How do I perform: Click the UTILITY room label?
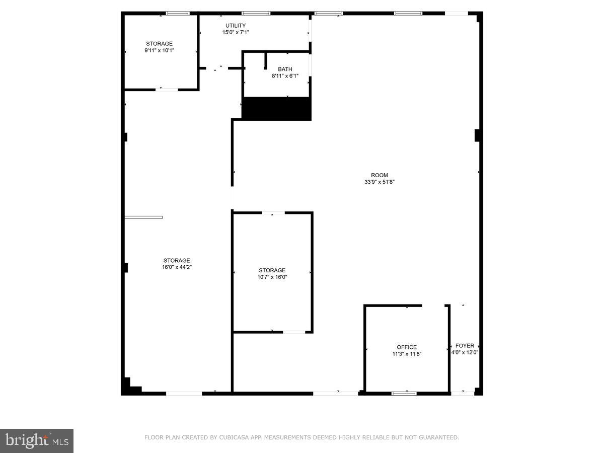tap(236, 26)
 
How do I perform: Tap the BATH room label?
tap(285, 69)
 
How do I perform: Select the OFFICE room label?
tap(407, 347)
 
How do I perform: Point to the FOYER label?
tap(465, 346)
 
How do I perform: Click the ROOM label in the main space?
tap(380, 175)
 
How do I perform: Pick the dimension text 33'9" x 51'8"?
tap(380, 182)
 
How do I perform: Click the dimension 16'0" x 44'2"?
tap(177, 267)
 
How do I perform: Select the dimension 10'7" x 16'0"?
tap(272, 277)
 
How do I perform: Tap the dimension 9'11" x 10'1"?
tap(160, 50)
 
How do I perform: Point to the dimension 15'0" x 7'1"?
tap(236, 32)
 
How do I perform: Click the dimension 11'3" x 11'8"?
tap(407, 354)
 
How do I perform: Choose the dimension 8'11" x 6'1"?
tap(285, 76)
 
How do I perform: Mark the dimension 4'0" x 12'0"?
tap(465, 352)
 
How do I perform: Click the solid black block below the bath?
tap(277, 109)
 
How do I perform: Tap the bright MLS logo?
tap(37, 441)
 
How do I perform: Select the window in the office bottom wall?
tap(404, 393)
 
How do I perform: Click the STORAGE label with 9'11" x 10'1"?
tap(160, 44)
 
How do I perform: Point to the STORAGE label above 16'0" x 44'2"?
tap(177, 261)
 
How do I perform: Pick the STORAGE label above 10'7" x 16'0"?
tap(272, 270)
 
